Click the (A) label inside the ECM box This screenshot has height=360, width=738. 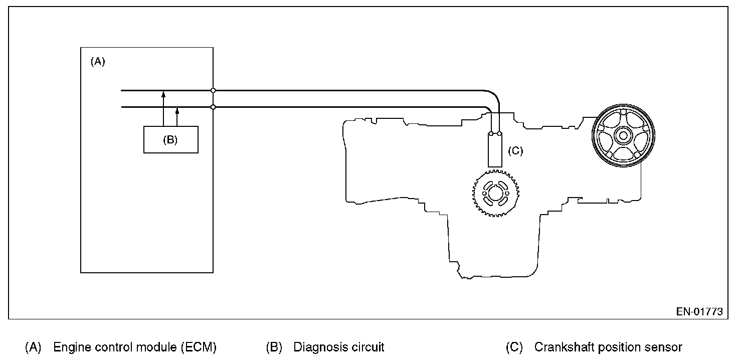[x=97, y=62]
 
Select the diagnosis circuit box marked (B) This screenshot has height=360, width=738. [x=170, y=139]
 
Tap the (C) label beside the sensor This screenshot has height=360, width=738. [x=515, y=150]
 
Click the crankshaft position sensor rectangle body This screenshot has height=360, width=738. [x=495, y=151]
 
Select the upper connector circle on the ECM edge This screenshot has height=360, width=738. [x=213, y=91]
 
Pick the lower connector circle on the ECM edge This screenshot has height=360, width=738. [x=213, y=107]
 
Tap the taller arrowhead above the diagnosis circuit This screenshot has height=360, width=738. [x=163, y=94]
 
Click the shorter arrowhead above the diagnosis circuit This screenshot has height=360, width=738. [x=177, y=110]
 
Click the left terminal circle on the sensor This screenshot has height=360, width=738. [x=491, y=134]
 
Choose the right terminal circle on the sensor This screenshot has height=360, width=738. [x=499, y=134]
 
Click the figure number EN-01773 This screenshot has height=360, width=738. [x=699, y=311]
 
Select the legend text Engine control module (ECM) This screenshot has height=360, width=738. [x=134, y=347]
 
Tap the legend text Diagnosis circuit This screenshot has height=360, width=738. [x=338, y=347]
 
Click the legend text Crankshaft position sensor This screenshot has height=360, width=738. [x=608, y=347]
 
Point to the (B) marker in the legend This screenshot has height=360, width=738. [x=274, y=347]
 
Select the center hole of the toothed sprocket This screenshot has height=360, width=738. [x=495, y=194]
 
